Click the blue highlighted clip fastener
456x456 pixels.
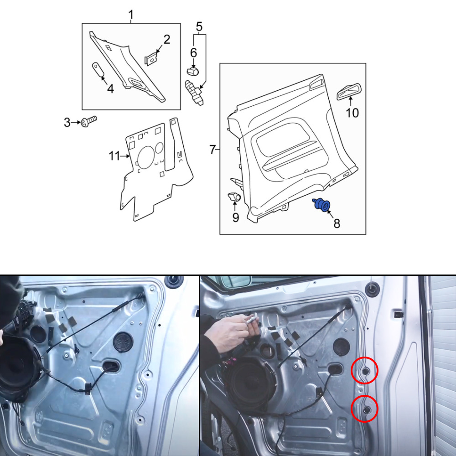click(321, 204)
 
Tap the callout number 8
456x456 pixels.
click(337, 223)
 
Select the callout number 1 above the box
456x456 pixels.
click(131, 14)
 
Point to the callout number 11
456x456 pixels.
click(114, 156)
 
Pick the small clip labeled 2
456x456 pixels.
click(151, 59)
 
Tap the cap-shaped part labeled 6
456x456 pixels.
click(192, 71)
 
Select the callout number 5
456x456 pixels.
click(199, 26)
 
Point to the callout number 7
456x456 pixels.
click(212, 150)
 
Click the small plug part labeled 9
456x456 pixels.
click(234, 197)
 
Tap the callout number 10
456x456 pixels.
click(352, 113)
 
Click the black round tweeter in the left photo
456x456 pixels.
click(123, 342)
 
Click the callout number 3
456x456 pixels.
click(67, 122)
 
